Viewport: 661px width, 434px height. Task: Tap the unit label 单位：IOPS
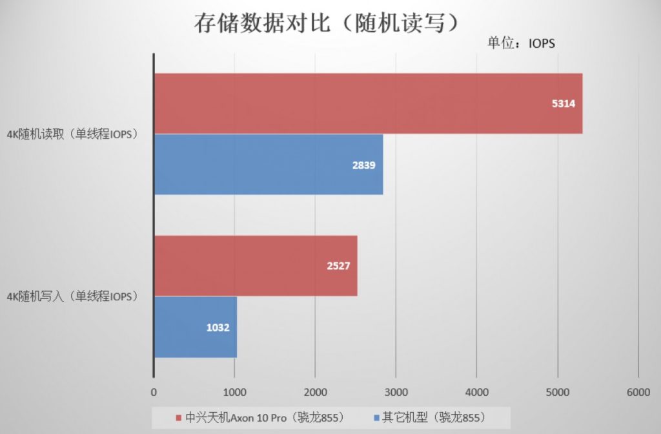point(521,43)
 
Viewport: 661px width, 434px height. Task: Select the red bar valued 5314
point(368,103)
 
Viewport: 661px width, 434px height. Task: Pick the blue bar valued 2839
point(268,164)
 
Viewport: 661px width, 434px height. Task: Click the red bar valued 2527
point(255,266)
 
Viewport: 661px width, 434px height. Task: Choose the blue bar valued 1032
point(195,327)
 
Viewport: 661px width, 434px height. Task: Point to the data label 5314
point(563,104)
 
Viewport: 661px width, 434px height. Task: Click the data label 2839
point(363,165)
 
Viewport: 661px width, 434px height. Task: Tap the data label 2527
point(338,266)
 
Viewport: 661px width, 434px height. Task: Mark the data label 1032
point(218,327)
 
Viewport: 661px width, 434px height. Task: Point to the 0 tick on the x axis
point(154,392)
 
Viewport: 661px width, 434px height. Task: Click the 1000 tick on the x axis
point(234,392)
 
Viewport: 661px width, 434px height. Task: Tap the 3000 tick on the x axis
point(396,392)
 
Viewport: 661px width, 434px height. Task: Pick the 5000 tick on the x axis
point(557,392)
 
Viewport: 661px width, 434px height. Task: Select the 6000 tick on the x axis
point(638,392)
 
